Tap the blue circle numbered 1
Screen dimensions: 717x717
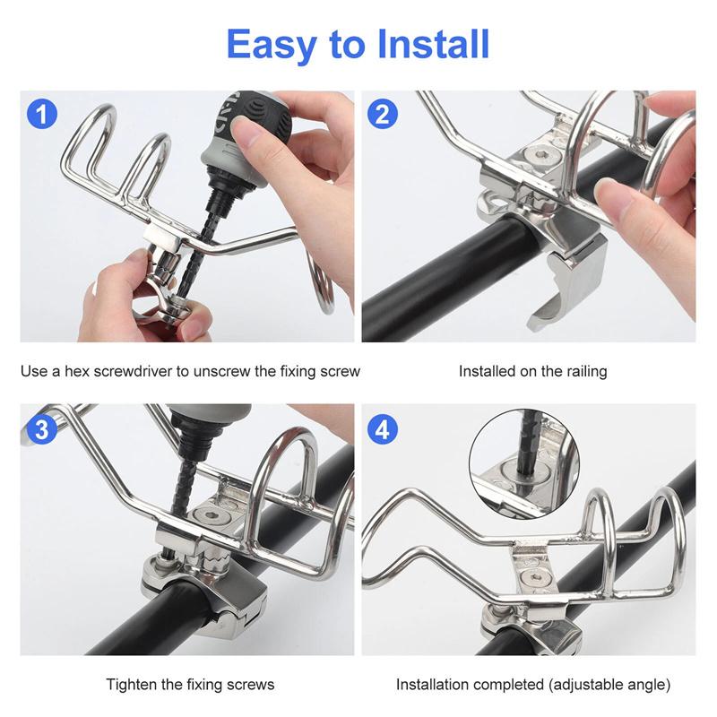click(42, 115)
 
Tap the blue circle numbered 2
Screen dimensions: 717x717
click(383, 115)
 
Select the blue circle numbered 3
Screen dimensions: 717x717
click(42, 428)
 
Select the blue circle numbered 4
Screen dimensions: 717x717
click(383, 428)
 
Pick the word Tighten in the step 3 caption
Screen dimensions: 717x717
click(133, 685)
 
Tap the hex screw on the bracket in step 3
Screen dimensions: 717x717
click(213, 517)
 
